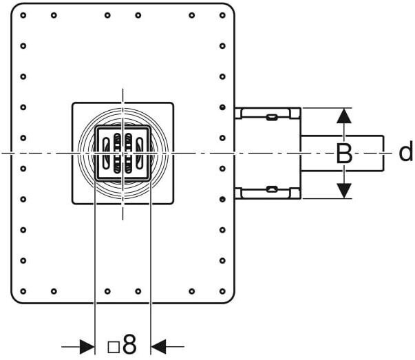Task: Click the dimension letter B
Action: pyautogui.click(x=344, y=153)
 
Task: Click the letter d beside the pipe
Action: pyautogui.click(x=406, y=152)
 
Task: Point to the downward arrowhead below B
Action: pyautogui.click(x=344, y=190)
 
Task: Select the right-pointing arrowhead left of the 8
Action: pyautogui.click(x=87, y=346)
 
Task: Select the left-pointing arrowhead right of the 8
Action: pyautogui.click(x=158, y=346)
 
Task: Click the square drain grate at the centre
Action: pyautogui.click(x=123, y=153)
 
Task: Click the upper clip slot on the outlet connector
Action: pyautogui.click(x=272, y=116)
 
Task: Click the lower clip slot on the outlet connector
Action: pyautogui.click(x=272, y=189)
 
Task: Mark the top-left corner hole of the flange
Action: pyautogui.click(x=23, y=15)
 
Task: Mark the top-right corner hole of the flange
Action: pyautogui.click(x=222, y=15)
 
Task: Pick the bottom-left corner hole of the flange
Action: pyautogui.click(x=23, y=290)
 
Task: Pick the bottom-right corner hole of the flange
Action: pyautogui.click(x=222, y=290)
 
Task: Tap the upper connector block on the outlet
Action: pyautogui.click(x=268, y=113)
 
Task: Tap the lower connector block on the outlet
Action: pyautogui.click(x=268, y=192)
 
